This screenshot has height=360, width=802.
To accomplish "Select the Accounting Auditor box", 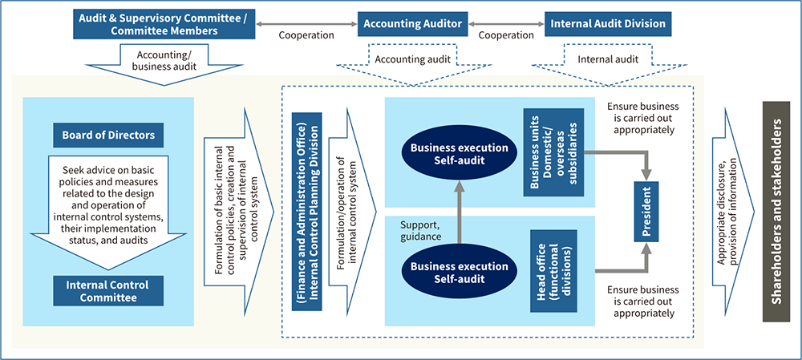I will [412, 24].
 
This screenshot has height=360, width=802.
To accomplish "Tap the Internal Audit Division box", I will [608, 24].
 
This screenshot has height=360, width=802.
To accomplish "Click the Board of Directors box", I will [109, 135].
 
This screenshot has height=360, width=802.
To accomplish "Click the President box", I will [647, 210].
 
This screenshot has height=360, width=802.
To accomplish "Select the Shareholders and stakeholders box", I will [776, 210].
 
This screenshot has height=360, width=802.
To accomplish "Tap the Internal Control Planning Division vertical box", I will [306, 211].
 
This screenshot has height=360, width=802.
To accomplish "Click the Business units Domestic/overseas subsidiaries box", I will [553, 152].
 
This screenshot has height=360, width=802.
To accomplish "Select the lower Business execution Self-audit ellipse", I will [460, 273].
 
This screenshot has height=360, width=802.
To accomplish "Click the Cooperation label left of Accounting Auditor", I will [306, 35].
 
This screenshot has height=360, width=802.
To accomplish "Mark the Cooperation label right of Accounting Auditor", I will [506, 35].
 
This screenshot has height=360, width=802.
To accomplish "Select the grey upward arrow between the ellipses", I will [460, 212].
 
